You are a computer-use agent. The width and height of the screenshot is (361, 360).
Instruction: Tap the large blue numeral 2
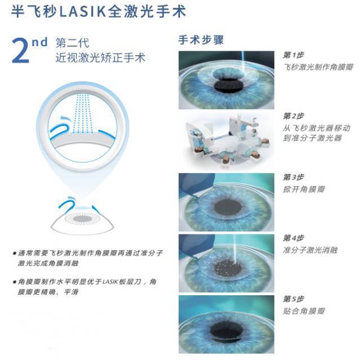(21, 51)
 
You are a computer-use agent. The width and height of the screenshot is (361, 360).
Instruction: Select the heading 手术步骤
(200, 40)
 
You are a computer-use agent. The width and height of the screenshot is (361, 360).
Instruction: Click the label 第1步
(293, 55)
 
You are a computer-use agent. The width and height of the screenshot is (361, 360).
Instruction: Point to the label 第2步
(293, 116)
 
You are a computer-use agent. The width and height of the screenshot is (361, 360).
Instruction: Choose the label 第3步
(293, 177)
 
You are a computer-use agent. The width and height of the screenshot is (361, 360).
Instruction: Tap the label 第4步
(293, 238)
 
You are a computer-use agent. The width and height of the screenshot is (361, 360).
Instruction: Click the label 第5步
(293, 299)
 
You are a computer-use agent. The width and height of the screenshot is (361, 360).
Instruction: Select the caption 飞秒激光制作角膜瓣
(318, 67)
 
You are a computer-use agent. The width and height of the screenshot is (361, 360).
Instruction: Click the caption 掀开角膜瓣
(304, 189)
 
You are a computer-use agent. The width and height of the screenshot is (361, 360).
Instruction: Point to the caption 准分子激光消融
(310, 250)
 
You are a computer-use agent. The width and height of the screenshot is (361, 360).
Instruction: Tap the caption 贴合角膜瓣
(304, 311)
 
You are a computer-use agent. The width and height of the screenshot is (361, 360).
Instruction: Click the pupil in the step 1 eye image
(228, 86)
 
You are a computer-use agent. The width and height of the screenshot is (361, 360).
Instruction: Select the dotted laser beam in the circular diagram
(82, 113)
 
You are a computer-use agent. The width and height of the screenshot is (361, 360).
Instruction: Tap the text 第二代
(72, 43)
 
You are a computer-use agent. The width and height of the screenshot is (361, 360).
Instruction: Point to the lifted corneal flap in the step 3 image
(195, 184)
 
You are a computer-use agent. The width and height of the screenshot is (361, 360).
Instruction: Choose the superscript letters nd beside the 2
(39, 42)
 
